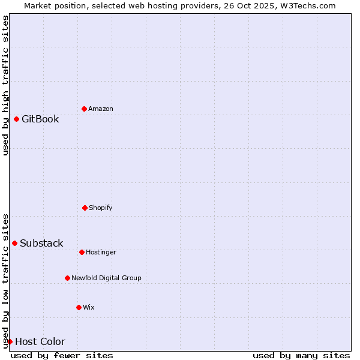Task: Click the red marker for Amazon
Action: pyautogui.click(x=84, y=109)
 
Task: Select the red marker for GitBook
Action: pyautogui.click(x=16, y=119)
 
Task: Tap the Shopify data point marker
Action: pyautogui.click(x=85, y=208)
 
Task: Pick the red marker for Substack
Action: pyautogui.click(x=14, y=243)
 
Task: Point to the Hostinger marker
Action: pyautogui.click(x=82, y=252)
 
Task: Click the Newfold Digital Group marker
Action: pyautogui.click(x=67, y=278)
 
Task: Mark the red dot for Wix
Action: pyautogui.click(x=79, y=307)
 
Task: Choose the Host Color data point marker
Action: pyautogui.click(x=10, y=341)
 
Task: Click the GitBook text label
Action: pyautogui.click(x=40, y=119)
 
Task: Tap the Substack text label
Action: pyautogui.click(x=41, y=243)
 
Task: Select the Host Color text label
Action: pyautogui.click(x=40, y=341)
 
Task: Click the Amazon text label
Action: pyautogui.click(x=101, y=109)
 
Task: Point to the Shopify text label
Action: pyautogui.click(x=101, y=208)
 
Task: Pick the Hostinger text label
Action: pyautogui.click(x=101, y=252)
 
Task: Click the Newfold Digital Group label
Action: pyautogui.click(x=106, y=278)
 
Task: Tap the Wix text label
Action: pyautogui.click(x=89, y=307)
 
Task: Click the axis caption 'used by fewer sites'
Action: pyautogui.click(x=62, y=355)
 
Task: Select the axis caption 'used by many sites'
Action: pyautogui.click(x=301, y=355)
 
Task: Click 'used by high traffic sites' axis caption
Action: pyautogui.click(x=5, y=85)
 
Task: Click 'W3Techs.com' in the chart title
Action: pyautogui.click(x=310, y=5)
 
